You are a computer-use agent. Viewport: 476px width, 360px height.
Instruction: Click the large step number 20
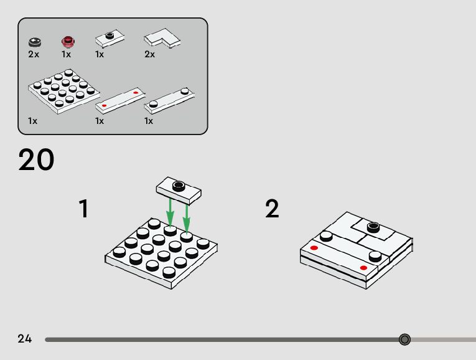click(x=36, y=159)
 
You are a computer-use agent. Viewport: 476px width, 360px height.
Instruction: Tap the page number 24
click(x=25, y=338)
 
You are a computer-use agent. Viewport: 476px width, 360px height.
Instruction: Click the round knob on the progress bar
click(x=404, y=339)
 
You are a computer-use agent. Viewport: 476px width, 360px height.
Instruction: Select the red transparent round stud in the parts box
click(x=68, y=41)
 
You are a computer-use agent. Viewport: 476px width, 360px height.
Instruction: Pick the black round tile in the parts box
click(x=35, y=42)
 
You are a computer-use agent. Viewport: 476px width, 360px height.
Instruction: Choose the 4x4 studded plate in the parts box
click(x=64, y=91)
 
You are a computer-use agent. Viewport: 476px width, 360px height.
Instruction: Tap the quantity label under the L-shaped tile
click(x=150, y=54)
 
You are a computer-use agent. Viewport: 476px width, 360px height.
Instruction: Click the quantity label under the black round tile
click(x=34, y=54)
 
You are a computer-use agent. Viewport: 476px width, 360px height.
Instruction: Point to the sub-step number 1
click(x=83, y=209)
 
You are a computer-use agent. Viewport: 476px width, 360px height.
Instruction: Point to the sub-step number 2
click(x=272, y=209)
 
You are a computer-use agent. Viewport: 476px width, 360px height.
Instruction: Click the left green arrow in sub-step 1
click(x=170, y=212)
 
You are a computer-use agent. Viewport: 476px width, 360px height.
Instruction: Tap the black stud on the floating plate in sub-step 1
click(x=179, y=186)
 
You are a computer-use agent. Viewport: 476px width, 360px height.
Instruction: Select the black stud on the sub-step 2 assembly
click(x=373, y=227)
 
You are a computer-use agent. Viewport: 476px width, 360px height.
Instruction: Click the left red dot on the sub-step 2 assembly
click(x=314, y=248)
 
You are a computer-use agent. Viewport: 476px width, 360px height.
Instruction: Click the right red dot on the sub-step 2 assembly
click(x=363, y=268)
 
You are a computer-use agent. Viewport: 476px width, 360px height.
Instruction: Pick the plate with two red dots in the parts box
click(x=120, y=100)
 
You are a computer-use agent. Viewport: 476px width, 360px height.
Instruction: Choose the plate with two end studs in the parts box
click(x=169, y=100)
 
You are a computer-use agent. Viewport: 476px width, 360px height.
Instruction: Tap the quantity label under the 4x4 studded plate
click(x=32, y=121)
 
